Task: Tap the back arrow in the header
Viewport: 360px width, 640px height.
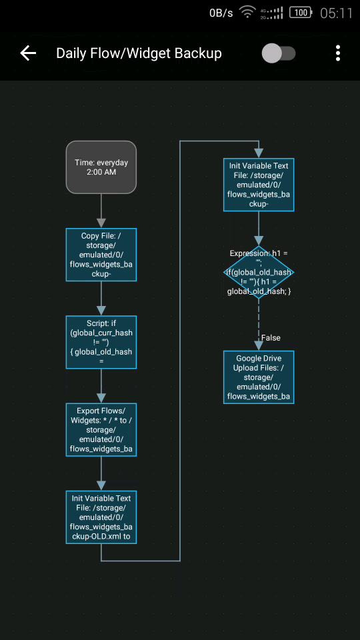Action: tap(28, 53)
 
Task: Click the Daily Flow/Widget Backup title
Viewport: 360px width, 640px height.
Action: tap(139, 53)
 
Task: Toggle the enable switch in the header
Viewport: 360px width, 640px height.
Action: tap(278, 53)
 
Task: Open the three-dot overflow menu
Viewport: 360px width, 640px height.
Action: tap(338, 53)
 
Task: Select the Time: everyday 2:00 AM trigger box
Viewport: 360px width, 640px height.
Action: tap(101, 167)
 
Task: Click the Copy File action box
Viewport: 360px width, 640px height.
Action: tap(101, 255)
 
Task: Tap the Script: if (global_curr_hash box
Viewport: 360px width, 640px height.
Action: tap(101, 342)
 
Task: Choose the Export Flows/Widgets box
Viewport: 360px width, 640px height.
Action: tap(101, 430)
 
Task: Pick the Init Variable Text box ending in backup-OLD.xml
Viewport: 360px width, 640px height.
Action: tap(101, 517)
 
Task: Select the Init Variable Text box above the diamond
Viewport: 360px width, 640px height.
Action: tap(258, 185)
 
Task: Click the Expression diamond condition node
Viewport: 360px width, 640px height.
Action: tap(258, 272)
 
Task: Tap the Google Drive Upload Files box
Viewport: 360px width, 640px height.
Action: tap(258, 377)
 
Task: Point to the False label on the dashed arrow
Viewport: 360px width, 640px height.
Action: tap(271, 338)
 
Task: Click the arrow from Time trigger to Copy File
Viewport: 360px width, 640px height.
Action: tap(101, 211)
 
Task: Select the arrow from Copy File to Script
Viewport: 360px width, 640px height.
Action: tap(101, 298)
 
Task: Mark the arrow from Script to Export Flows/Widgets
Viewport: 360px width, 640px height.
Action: tap(101, 386)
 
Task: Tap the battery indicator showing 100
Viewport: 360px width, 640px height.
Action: tap(302, 13)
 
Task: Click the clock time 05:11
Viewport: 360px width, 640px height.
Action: tap(336, 13)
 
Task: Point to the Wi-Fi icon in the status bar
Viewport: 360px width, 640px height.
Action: tap(248, 13)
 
